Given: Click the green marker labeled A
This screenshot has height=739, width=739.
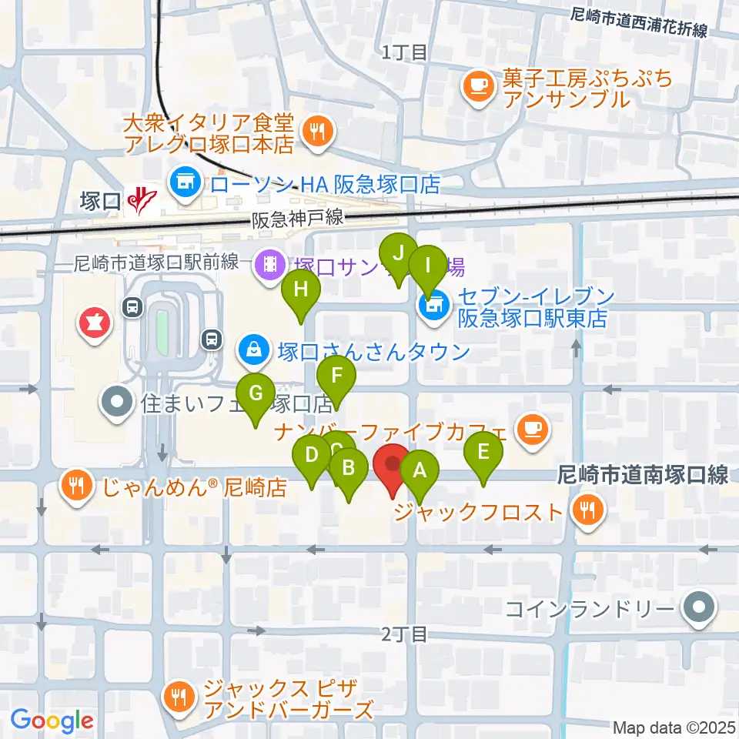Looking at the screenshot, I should (x=420, y=470).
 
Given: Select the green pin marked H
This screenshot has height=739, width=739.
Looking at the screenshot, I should (x=299, y=291).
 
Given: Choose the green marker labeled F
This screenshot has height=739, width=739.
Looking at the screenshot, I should (x=336, y=378).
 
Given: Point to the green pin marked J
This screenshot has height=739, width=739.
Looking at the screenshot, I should (x=398, y=253).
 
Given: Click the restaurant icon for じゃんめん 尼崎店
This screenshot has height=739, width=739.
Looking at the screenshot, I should (x=75, y=487).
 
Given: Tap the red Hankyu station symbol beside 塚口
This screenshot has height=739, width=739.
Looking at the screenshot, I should (x=139, y=201).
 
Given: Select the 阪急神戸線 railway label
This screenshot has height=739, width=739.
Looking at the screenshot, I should (x=297, y=219).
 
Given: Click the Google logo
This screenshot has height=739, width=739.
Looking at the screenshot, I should (x=52, y=721).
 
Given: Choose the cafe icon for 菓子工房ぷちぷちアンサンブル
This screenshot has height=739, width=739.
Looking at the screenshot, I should (x=478, y=84).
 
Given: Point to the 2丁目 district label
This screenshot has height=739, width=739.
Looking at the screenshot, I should (x=404, y=634).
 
